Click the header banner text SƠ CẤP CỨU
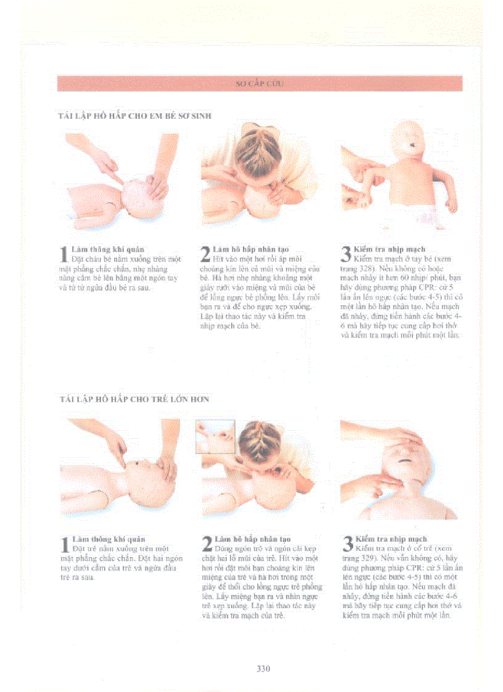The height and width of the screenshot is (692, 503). tap(260, 83)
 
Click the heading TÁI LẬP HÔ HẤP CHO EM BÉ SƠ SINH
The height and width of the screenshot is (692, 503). tap(136, 116)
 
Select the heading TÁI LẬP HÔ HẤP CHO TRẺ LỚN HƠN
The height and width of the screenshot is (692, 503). tap(134, 399)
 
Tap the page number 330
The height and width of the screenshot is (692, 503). tap(263, 668)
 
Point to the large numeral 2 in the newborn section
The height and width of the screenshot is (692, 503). tap(206, 254)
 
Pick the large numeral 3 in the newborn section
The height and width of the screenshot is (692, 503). tap(346, 254)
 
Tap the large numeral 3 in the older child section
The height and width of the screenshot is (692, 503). tap(346, 544)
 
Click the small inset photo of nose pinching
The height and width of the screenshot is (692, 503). tap(215, 436)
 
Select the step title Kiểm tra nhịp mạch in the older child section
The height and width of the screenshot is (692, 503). tap(391, 539)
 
